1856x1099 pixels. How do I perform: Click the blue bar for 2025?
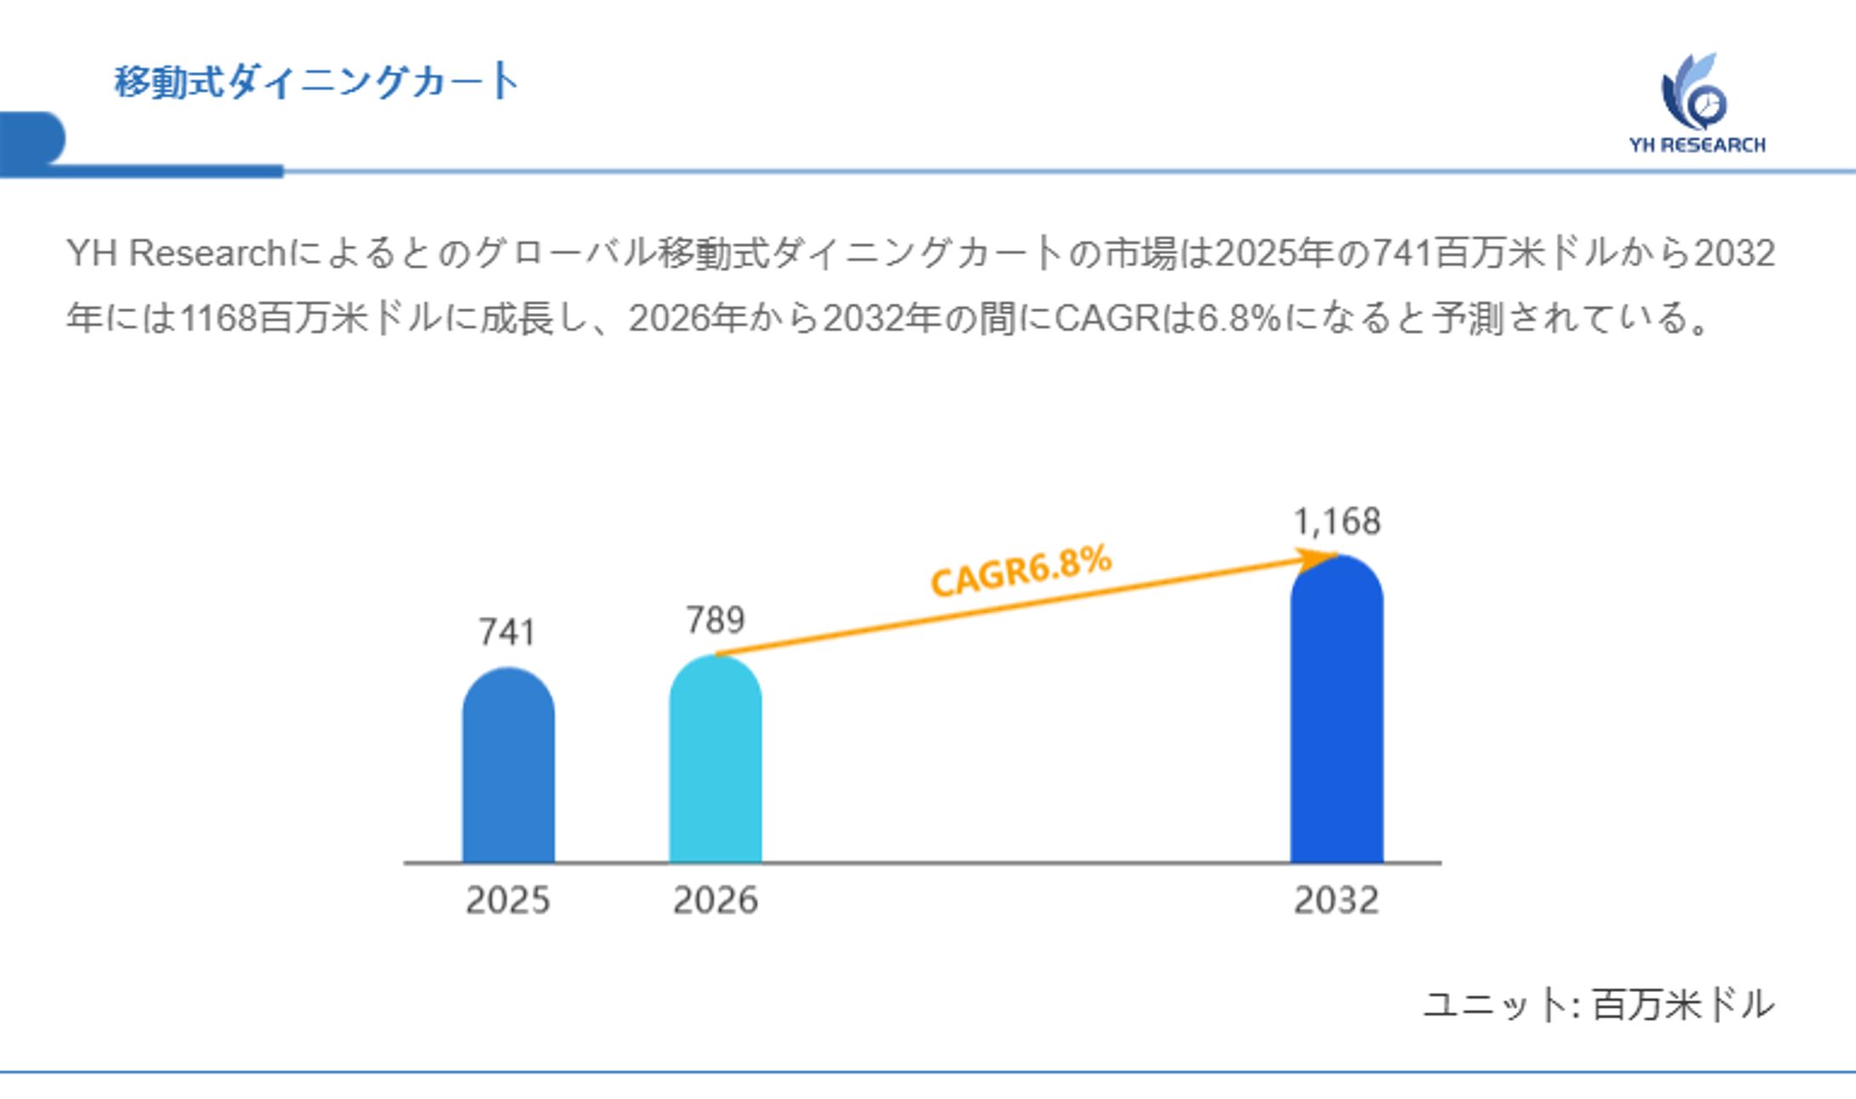coord(508,769)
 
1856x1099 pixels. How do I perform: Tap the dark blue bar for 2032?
coord(1336,714)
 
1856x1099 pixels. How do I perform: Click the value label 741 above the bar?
coord(507,632)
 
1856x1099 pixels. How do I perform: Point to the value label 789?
coord(715,620)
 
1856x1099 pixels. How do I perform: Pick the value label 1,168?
coord(1337,522)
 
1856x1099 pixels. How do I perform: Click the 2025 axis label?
coord(508,900)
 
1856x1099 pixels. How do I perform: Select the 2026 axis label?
coord(715,900)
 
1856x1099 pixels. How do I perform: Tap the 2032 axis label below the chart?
coord(1336,900)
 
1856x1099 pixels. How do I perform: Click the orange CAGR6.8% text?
coord(1021,571)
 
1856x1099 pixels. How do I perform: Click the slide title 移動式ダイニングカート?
coord(316,82)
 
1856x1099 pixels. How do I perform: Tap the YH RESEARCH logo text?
coord(1697,145)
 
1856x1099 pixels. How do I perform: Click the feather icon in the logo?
coord(1694,92)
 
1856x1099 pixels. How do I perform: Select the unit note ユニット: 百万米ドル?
coord(1598,1005)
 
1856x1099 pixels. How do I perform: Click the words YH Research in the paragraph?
coord(176,253)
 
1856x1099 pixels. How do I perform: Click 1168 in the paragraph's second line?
coord(218,319)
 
